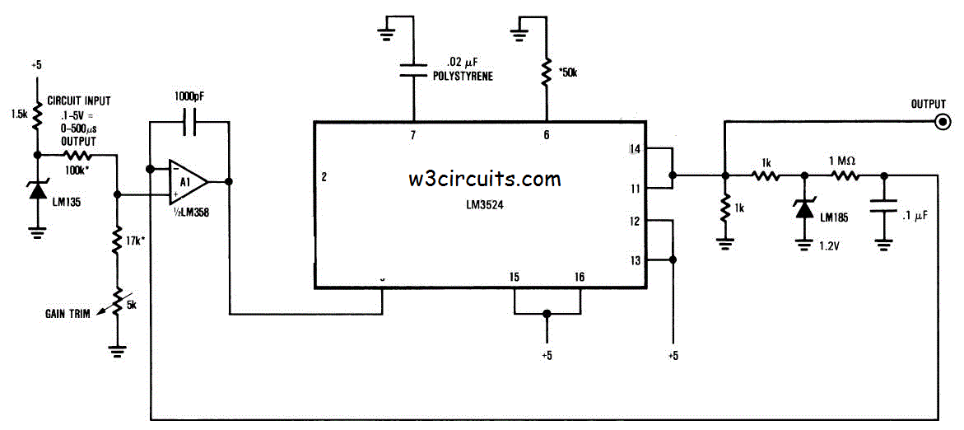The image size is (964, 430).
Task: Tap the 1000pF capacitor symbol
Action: click(x=189, y=123)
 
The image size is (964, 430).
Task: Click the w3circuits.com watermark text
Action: click(x=485, y=178)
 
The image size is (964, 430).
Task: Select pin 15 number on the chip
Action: click(x=514, y=277)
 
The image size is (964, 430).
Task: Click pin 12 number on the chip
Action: click(x=633, y=220)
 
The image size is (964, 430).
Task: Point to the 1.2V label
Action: click(x=828, y=244)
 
